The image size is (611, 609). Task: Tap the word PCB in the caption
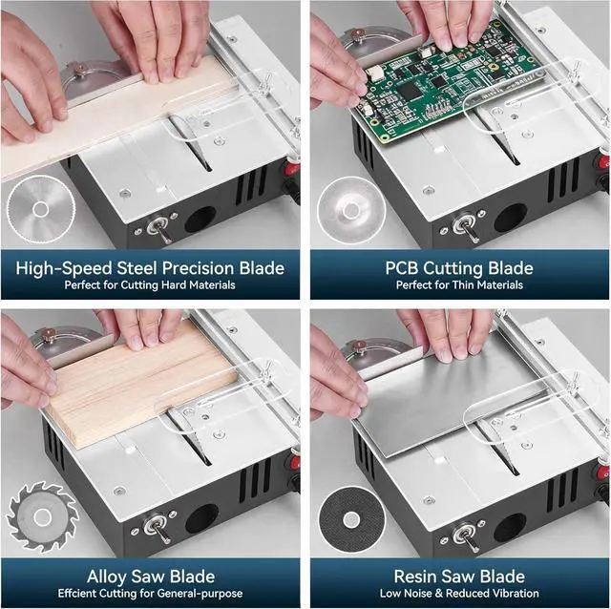(x=402, y=268)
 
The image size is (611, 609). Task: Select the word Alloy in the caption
(x=107, y=577)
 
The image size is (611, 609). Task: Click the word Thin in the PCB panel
(x=463, y=284)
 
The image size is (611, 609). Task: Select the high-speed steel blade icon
(x=40, y=209)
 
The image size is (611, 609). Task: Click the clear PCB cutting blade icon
(x=351, y=210)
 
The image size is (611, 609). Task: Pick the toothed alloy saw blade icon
(x=42, y=517)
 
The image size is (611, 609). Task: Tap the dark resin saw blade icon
(x=352, y=519)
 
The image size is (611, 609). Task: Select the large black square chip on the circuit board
(x=410, y=92)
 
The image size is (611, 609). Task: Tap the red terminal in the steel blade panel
(x=292, y=169)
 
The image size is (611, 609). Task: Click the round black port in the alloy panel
(x=201, y=518)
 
